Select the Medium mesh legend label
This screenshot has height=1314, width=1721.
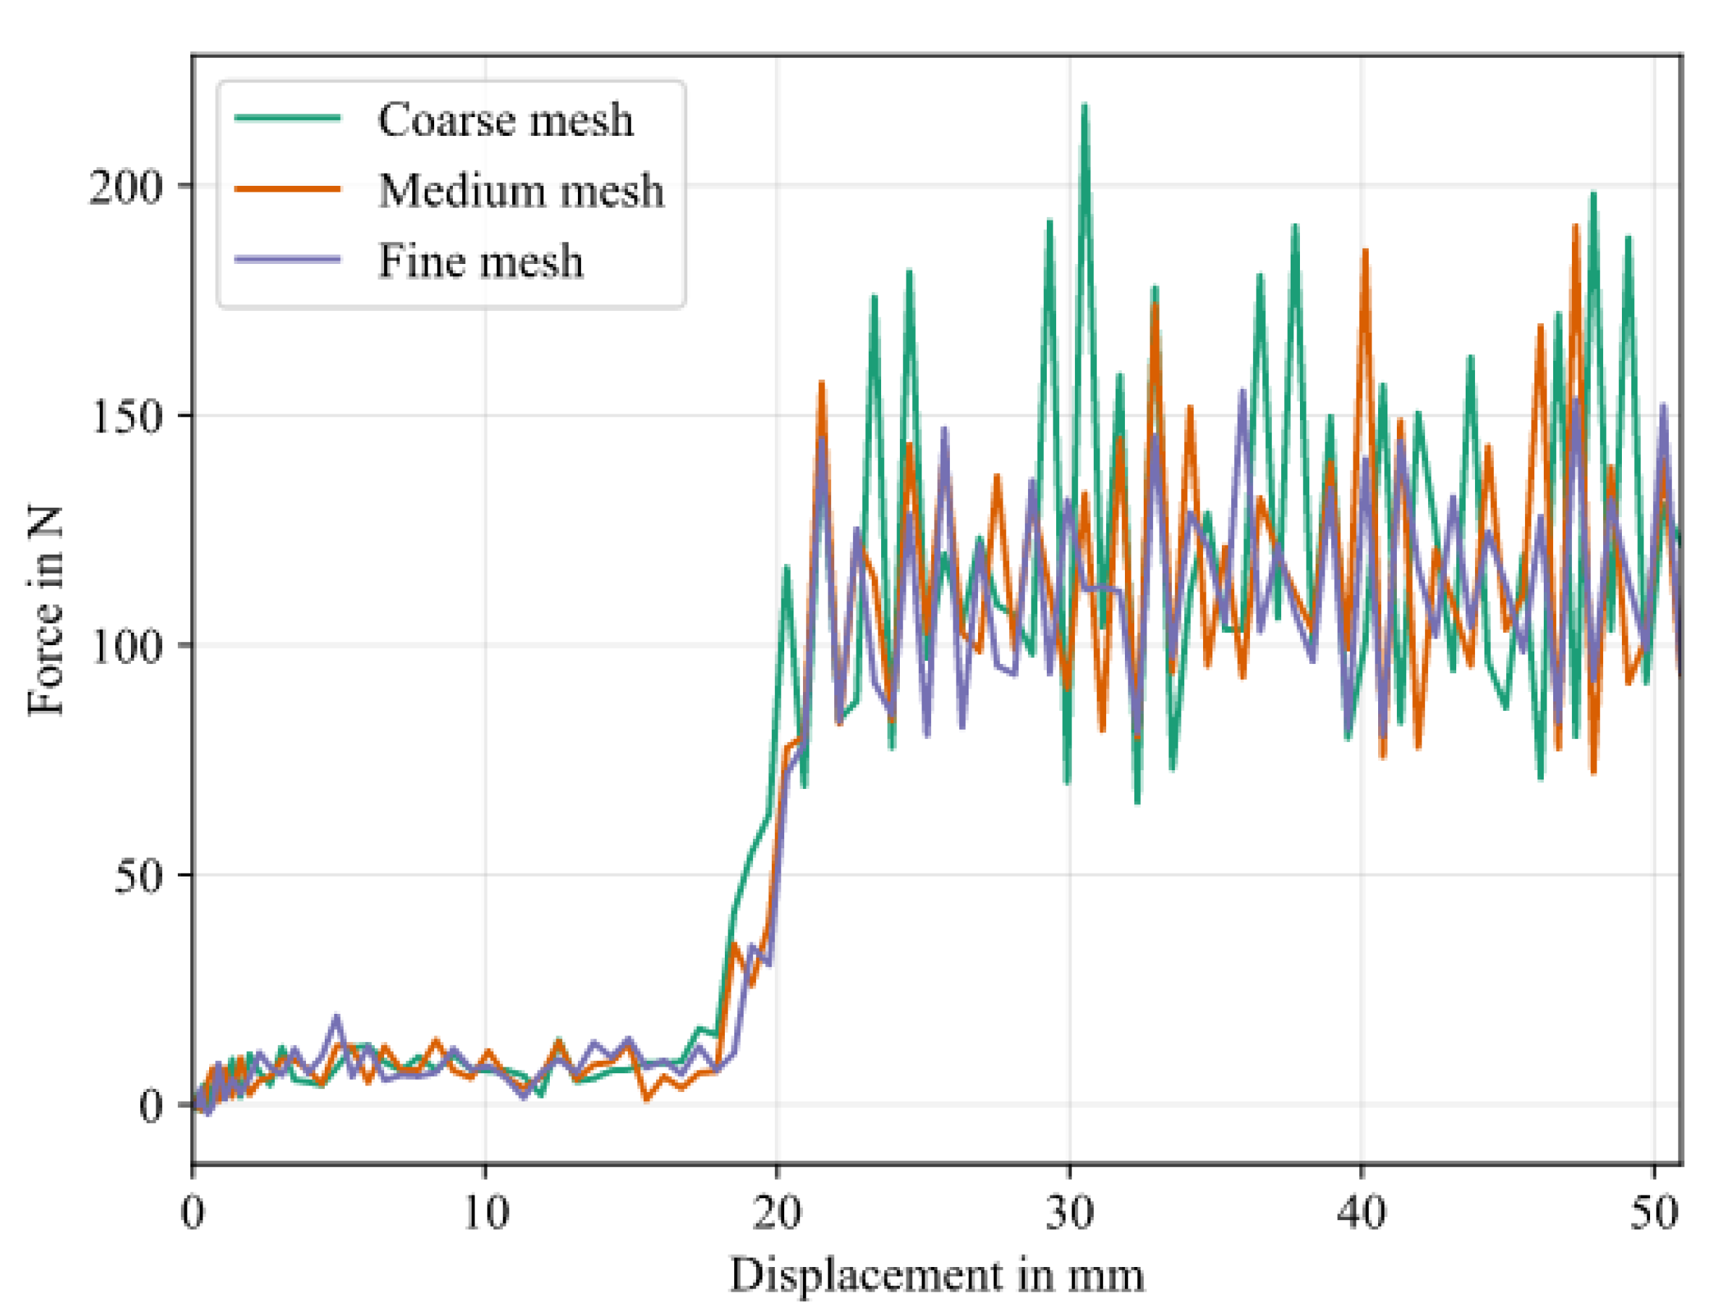coord(521,190)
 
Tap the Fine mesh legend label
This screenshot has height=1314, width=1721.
coord(480,260)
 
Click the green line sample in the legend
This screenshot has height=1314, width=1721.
coord(288,118)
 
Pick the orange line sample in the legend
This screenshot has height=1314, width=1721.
coord(288,189)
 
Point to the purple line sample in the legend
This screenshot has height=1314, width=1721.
coord(288,259)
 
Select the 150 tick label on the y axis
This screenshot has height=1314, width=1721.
coord(124,416)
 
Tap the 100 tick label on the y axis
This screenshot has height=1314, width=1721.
coord(124,646)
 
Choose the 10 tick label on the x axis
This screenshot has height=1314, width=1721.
coord(485,1213)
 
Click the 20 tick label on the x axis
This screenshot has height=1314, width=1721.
coord(777,1213)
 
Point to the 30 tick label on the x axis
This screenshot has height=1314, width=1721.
coord(1069,1213)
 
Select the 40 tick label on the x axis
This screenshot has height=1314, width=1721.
coord(1361,1213)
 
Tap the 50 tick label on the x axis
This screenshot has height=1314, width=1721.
coord(1654,1213)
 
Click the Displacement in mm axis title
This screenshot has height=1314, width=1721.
coord(936,1275)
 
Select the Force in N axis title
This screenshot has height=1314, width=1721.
coord(46,610)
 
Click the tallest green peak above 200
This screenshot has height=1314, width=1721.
coord(1084,106)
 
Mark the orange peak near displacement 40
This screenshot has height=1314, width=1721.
coord(1365,251)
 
